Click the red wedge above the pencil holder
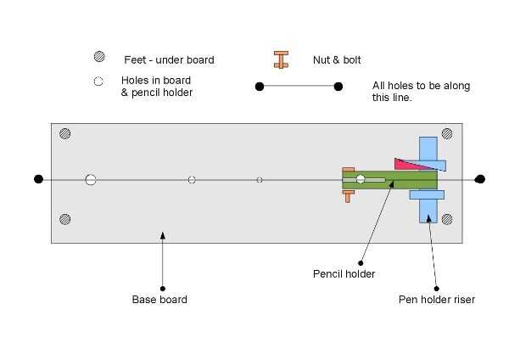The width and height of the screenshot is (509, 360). click(x=406, y=164)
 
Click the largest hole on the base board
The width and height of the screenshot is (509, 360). click(x=91, y=179)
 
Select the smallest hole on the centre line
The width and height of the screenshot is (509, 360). click(x=260, y=180)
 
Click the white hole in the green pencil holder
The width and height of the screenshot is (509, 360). click(x=361, y=179)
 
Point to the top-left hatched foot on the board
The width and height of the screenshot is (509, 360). click(x=65, y=134)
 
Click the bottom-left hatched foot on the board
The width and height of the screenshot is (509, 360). click(x=65, y=220)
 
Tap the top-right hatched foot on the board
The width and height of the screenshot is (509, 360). click(x=449, y=134)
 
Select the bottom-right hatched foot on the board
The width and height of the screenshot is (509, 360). click(x=449, y=220)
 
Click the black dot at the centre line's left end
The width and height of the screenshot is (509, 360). click(x=38, y=179)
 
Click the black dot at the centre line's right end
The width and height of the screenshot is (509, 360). click(x=480, y=179)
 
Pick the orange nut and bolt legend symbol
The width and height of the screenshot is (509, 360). click(x=281, y=59)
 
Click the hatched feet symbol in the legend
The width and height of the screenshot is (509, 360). click(x=99, y=58)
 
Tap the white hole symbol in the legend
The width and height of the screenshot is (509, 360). click(x=99, y=82)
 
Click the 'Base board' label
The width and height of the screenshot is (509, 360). click(x=159, y=300)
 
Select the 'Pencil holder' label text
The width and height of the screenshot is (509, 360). click(x=344, y=274)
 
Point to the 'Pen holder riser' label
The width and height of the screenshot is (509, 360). click(x=437, y=300)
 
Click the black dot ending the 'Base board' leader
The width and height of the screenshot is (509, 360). click(x=162, y=288)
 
